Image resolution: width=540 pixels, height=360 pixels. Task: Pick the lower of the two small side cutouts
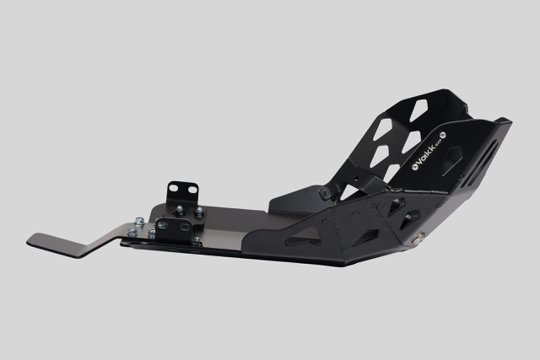click(x=411, y=220)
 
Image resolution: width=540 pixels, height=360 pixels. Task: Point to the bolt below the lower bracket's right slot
click(x=196, y=240)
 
